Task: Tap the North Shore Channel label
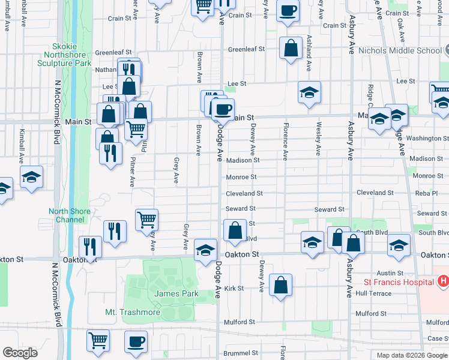[x=70, y=215]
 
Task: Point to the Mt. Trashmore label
[x=133, y=313]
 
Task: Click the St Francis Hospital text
[x=398, y=282]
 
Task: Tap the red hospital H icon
[x=443, y=281]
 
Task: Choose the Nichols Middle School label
[x=399, y=51]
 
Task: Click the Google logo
[x=20, y=353]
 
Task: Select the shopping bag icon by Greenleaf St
[x=291, y=49]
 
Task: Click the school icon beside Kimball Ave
[x=31, y=177]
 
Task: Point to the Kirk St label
[x=234, y=289]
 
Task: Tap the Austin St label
[x=390, y=273]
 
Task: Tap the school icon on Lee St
[x=309, y=92]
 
